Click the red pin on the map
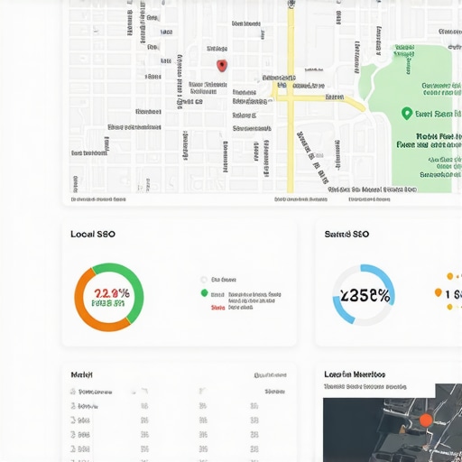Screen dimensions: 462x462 click(222, 65)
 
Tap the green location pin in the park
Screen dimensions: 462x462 click(406, 114)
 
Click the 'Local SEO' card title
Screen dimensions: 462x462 click(93, 234)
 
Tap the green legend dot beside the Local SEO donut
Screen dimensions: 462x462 click(204, 293)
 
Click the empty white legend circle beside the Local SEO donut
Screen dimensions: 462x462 click(204, 280)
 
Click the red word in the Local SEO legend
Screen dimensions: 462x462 click(217, 307)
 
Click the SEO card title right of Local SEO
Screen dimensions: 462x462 click(347, 234)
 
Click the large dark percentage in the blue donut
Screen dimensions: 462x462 click(363, 295)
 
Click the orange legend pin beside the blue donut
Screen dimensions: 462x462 click(439, 292)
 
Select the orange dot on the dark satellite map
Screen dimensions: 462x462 click(426, 420)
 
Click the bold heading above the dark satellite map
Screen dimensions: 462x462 click(354, 374)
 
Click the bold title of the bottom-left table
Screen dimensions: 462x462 click(82, 374)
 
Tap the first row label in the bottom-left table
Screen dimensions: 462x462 click(95, 393)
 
